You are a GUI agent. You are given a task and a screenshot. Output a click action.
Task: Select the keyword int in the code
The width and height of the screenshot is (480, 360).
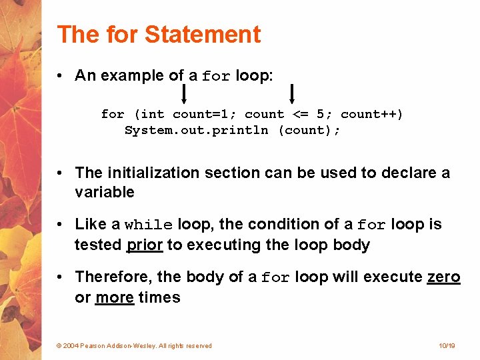[153, 115]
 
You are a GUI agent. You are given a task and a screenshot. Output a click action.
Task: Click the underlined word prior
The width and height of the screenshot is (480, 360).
[145, 245]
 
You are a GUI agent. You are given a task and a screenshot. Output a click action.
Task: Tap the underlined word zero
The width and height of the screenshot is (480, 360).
[443, 277]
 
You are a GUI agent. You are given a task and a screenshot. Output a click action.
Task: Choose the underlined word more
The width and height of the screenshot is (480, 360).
[115, 297]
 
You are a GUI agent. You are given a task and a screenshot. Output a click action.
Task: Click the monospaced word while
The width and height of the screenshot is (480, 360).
[149, 225]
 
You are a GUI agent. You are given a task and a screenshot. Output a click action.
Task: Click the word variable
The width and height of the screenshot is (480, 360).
[105, 193]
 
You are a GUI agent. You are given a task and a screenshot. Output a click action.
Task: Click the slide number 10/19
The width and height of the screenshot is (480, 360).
[447, 346]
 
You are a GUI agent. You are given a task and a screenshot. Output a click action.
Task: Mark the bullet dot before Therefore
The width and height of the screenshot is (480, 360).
[61, 277]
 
